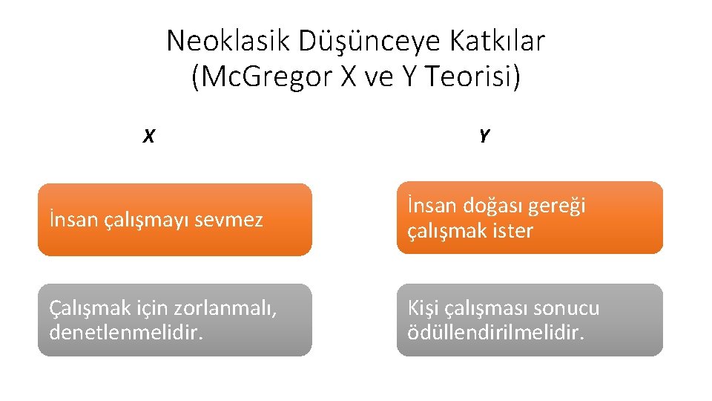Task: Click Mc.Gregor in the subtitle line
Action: [x=263, y=77]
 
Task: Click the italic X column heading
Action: [x=148, y=137]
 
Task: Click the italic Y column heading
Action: [x=484, y=136]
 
